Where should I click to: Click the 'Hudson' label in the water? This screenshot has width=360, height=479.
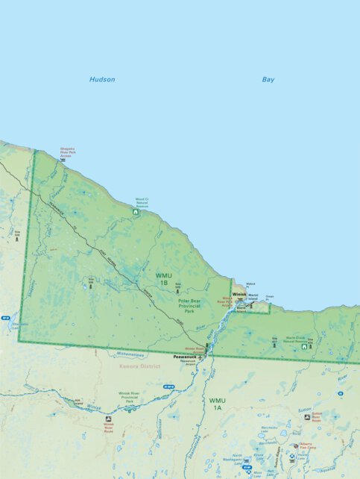[102, 79]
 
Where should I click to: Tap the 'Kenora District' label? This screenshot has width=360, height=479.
[140, 366]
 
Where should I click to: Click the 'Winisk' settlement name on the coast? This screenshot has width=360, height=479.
[239, 295]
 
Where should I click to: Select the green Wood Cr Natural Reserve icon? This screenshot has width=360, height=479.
[135, 213]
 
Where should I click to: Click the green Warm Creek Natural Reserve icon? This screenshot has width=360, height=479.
[304, 347]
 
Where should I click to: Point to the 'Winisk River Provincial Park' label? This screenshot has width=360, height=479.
[130, 397]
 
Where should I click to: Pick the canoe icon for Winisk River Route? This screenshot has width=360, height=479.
[108, 419]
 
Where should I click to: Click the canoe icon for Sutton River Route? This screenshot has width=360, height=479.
[306, 417]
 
